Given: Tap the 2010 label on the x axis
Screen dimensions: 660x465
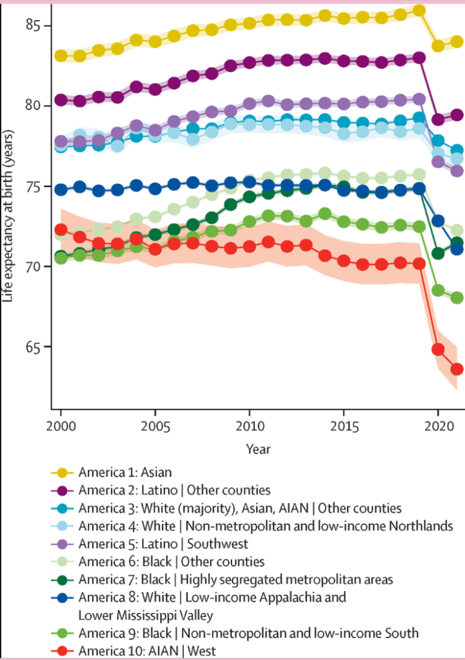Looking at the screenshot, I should point(249,428).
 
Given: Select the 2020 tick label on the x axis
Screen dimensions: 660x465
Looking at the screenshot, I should point(438,428).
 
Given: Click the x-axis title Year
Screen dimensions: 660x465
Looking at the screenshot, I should point(257,448).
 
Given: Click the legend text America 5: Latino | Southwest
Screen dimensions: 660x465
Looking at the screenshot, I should point(163,543).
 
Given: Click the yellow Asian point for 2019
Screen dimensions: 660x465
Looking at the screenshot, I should point(419,10).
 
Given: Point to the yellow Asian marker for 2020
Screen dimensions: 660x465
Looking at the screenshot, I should point(438,46).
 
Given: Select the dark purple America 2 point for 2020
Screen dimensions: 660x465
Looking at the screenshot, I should point(438,119).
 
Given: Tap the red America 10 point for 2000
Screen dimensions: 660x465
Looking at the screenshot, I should point(61,230).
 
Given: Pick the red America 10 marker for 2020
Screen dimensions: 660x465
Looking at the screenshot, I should point(438,350).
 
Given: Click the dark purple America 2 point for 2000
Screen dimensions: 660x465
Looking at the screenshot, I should point(61,100).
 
